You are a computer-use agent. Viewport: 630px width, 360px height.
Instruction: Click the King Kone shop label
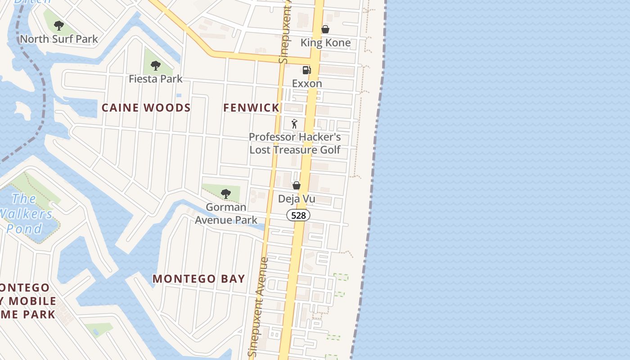pyautogui.click(x=325, y=43)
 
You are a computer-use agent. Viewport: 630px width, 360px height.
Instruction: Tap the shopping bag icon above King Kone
pyautogui.click(x=325, y=30)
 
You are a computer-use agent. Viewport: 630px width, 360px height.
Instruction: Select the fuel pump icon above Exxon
pyautogui.click(x=306, y=70)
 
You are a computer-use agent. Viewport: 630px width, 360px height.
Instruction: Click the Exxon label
pyautogui.click(x=307, y=83)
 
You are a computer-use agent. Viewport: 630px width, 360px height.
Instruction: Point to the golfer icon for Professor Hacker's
pyautogui.click(x=294, y=124)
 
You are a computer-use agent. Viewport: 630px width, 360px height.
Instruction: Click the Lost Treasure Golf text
pyautogui.click(x=295, y=149)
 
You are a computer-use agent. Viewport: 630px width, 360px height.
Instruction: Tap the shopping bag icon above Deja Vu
pyautogui.click(x=297, y=185)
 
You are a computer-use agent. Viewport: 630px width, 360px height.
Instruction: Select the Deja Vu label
pyautogui.click(x=297, y=199)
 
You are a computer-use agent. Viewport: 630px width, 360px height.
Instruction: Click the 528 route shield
pyautogui.click(x=298, y=216)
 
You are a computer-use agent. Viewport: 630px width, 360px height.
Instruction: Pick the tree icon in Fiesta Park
pyautogui.click(x=155, y=66)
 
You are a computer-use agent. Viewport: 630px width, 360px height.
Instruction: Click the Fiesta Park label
pyautogui.click(x=155, y=79)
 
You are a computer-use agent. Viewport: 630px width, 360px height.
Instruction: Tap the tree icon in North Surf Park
pyautogui.click(x=58, y=26)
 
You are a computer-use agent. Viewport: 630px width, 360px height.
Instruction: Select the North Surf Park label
pyautogui.click(x=58, y=39)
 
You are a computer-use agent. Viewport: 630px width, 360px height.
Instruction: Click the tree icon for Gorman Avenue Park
pyautogui.click(x=226, y=194)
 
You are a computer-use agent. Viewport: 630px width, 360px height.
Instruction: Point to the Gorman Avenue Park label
pyautogui.click(x=226, y=213)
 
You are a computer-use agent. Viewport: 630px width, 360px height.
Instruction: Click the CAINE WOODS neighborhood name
pyautogui.click(x=146, y=108)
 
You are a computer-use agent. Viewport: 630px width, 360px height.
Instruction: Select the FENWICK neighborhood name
pyautogui.click(x=252, y=108)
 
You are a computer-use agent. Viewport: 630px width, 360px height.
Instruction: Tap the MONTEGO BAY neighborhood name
pyautogui.click(x=199, y=279)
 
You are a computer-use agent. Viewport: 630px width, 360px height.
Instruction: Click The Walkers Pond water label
pyautogui.click(x=25, y=213)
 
